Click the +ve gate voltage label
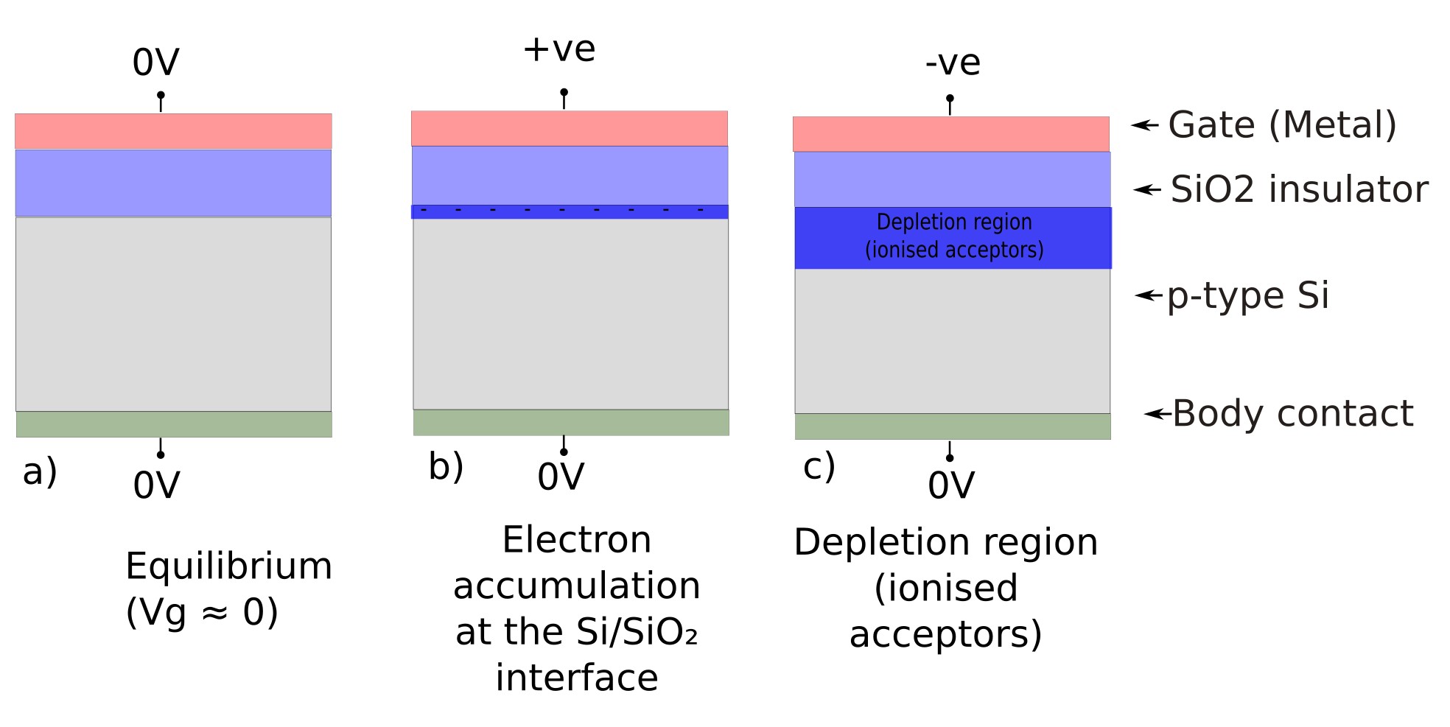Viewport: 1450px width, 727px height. click(559, 49)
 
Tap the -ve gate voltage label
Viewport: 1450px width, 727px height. click(953, 63)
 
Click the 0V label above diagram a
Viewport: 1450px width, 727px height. click(155, 63)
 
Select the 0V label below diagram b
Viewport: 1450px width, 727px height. click(561, 477)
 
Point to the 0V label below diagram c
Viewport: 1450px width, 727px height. click(951, 485)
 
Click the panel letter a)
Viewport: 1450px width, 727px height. click(40, 471)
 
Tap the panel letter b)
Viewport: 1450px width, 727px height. click(446, 466)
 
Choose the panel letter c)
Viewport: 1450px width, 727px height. click(819, 466)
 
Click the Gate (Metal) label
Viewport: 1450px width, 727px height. click(1282, 124)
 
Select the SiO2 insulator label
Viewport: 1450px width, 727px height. click(1299, 189)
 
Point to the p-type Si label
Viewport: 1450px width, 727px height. click(1248, 296)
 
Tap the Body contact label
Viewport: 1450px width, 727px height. click(1292, 413)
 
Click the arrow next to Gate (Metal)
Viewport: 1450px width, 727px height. click(1145, 124)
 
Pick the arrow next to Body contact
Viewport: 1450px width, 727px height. click(1157, 413)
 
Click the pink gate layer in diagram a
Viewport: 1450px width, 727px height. click(173, 131)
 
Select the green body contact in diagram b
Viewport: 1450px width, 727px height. click(571, 422)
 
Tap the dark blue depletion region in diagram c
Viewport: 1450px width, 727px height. click(953, 237)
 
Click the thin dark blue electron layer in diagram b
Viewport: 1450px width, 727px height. click(570, 211)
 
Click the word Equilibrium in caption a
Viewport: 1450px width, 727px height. click(228, 566)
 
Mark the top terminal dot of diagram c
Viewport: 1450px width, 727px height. click(950, 99)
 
